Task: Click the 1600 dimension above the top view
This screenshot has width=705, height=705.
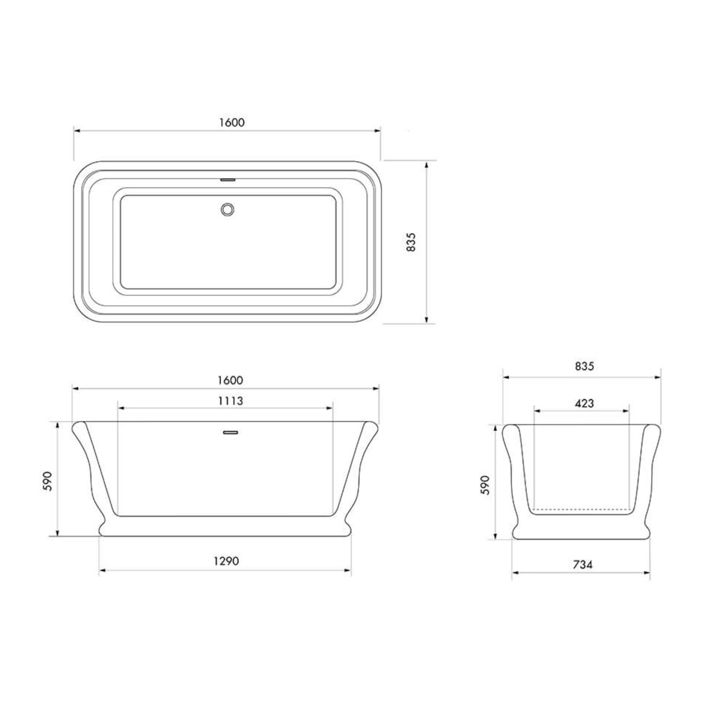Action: pos(232,122)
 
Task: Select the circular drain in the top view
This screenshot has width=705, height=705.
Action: pos(227,209)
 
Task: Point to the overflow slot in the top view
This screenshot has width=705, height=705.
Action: pos(229,180)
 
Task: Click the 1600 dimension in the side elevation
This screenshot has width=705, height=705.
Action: pos(230,380)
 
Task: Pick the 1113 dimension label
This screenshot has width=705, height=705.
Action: pos(230,401)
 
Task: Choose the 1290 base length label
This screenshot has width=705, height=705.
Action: pos(226,561)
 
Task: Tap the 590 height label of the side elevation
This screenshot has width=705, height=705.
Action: pos(48,481)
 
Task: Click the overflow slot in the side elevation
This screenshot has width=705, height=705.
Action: pos(230,432)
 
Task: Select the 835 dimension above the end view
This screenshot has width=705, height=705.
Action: pos(585,366)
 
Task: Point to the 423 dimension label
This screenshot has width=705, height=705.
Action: pos(584,403)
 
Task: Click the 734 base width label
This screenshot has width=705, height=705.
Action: pos(583,565)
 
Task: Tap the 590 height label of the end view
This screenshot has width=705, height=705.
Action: pos(485,485)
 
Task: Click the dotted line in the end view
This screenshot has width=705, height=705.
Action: pos(582,509)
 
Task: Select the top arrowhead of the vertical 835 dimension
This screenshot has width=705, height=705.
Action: pos(426,165)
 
